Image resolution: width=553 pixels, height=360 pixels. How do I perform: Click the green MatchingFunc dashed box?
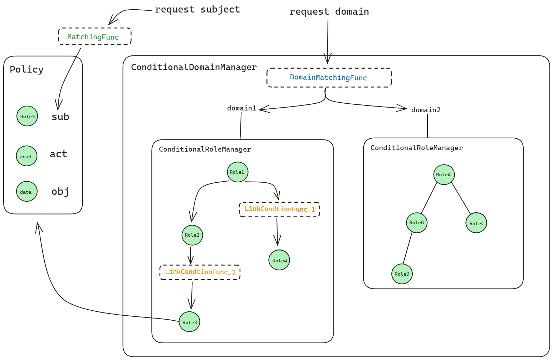(95, 36)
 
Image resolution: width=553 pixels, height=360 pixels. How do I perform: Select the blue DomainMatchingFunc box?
(329, 78)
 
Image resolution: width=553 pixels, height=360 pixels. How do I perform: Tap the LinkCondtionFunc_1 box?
(279, 209)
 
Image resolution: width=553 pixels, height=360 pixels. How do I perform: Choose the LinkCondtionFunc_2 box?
(200, 272)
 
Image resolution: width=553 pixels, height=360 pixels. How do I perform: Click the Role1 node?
(238, 172)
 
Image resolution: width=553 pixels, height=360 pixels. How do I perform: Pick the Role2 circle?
(192, 235)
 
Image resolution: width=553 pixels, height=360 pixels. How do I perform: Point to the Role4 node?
(279, 260)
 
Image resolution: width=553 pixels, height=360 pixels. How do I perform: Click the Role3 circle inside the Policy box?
(27, 116)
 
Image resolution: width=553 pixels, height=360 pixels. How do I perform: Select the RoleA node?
(444, 174)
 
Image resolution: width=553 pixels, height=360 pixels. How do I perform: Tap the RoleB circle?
(417, 222)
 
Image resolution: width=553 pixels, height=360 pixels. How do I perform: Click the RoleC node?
(476, 223)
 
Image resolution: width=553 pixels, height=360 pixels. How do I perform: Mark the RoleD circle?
(402, 274)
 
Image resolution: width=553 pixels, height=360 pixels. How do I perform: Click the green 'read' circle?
(26, 156)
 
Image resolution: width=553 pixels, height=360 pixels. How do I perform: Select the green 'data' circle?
(26, 191)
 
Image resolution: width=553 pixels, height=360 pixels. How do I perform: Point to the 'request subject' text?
(197, 9)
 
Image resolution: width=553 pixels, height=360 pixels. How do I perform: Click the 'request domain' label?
(329, 12)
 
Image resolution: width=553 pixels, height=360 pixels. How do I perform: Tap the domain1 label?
(241, 108)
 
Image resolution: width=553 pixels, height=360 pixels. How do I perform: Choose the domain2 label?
(426, 110)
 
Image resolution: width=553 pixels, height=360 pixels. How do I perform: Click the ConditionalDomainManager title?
(194, 67)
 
